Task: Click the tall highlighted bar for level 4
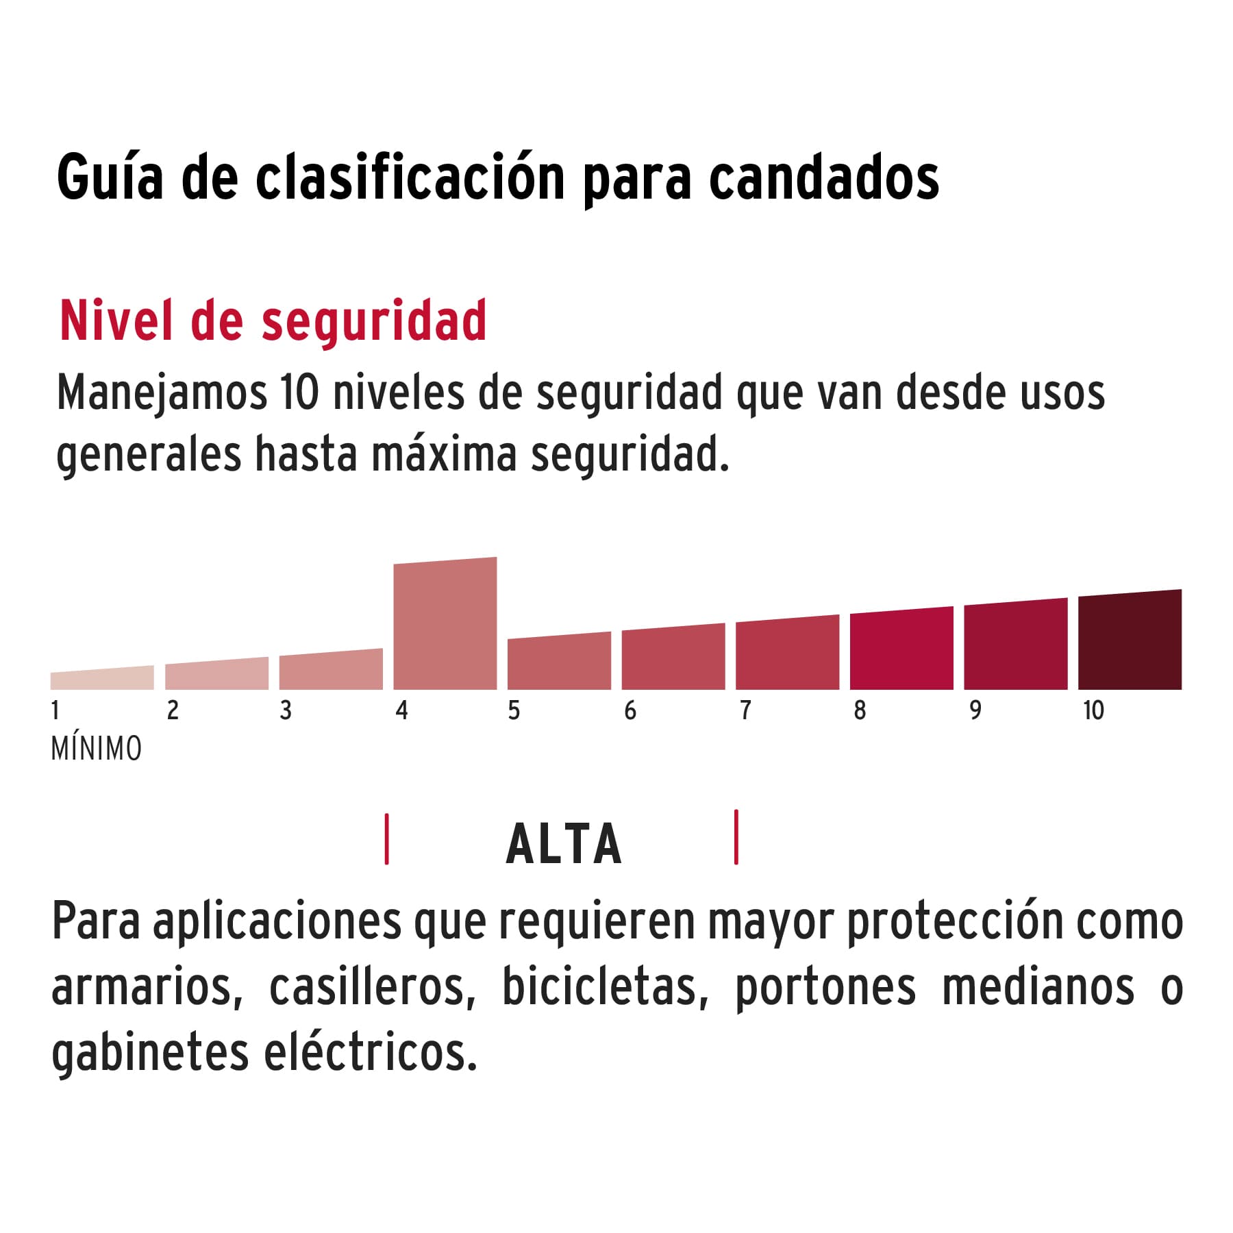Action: [x=445, y=625]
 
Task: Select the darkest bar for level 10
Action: [x=1130, y=641]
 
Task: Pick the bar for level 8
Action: [x=901, y=649]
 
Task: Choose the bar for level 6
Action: [x=673, y=658]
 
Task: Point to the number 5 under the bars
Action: [x=514, y=710]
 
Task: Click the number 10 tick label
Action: [x=1093, y=710]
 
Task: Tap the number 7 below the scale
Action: [x=745, y=710]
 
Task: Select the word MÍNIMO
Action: [x=97, y=749]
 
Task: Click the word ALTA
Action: [x=564, y=844]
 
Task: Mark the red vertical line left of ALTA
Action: [x=387, y=839]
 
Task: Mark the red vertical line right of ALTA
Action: [x=736, y=837]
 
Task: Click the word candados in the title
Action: [x=823, y=179]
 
